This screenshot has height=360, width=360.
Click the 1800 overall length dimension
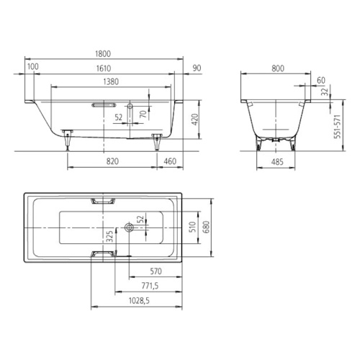(103, 53)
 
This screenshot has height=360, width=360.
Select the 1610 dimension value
(104, 68)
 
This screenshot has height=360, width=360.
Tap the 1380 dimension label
(111, 81)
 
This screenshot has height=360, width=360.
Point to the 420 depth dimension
(195, 120)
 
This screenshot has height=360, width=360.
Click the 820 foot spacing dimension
(112, 161)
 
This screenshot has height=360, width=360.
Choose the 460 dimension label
(170, 161)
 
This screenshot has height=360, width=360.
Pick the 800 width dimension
(278, 68)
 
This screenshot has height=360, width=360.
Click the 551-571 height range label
(338, 127)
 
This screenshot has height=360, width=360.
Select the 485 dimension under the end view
(277, 162)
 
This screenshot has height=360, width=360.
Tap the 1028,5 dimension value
(139, 300)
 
